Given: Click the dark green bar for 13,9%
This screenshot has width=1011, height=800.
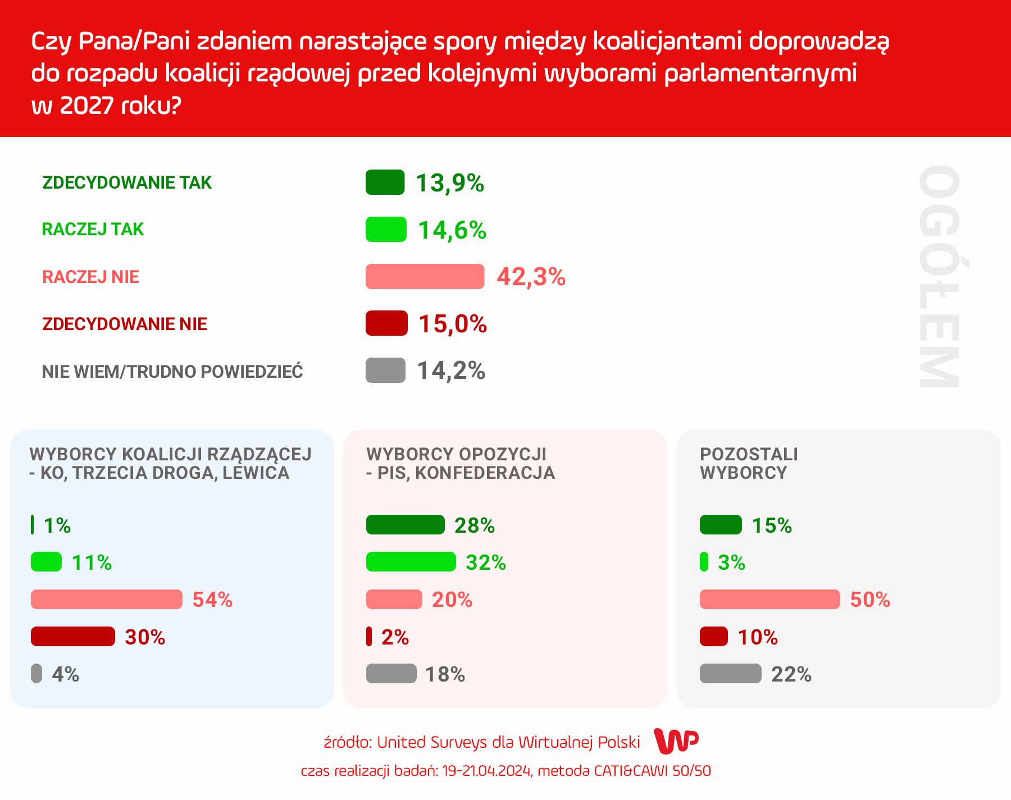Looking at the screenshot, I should coord(385,182).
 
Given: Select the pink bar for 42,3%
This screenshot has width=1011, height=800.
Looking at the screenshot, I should coord(425,276).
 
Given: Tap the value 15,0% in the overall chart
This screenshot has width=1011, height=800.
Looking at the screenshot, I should coord(453,324).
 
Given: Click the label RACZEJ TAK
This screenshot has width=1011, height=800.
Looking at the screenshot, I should coord(93,229).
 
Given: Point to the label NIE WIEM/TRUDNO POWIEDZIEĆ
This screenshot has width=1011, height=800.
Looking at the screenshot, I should coord(172,372).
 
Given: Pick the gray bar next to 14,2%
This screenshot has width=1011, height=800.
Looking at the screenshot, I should coord(385,371).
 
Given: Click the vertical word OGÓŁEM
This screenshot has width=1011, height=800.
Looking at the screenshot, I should coord(939,276).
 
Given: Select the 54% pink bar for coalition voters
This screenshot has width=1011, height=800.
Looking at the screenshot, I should coord(107,600).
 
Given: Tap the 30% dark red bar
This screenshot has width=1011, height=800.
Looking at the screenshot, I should coord(73,637).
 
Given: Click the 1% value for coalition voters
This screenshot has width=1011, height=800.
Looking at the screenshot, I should coord(57,525).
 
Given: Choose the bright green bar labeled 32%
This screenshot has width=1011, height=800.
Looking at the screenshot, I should coord(411,562).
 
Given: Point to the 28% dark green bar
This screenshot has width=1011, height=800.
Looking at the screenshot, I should coord(405,525).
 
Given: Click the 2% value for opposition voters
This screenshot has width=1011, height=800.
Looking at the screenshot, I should coord(395,637).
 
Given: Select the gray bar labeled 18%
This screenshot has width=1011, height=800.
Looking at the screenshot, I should coord(391,674).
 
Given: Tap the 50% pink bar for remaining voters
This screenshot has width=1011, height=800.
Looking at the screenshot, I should coord(769,600).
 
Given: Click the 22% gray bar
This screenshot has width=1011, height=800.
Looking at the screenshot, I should coord(730,674).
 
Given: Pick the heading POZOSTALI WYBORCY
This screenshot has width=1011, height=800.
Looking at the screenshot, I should coord(749,463).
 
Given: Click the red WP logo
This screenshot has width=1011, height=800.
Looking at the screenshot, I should coord(677,742).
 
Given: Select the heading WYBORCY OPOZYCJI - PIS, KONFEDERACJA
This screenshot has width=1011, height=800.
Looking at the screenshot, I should coord(460,463).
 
